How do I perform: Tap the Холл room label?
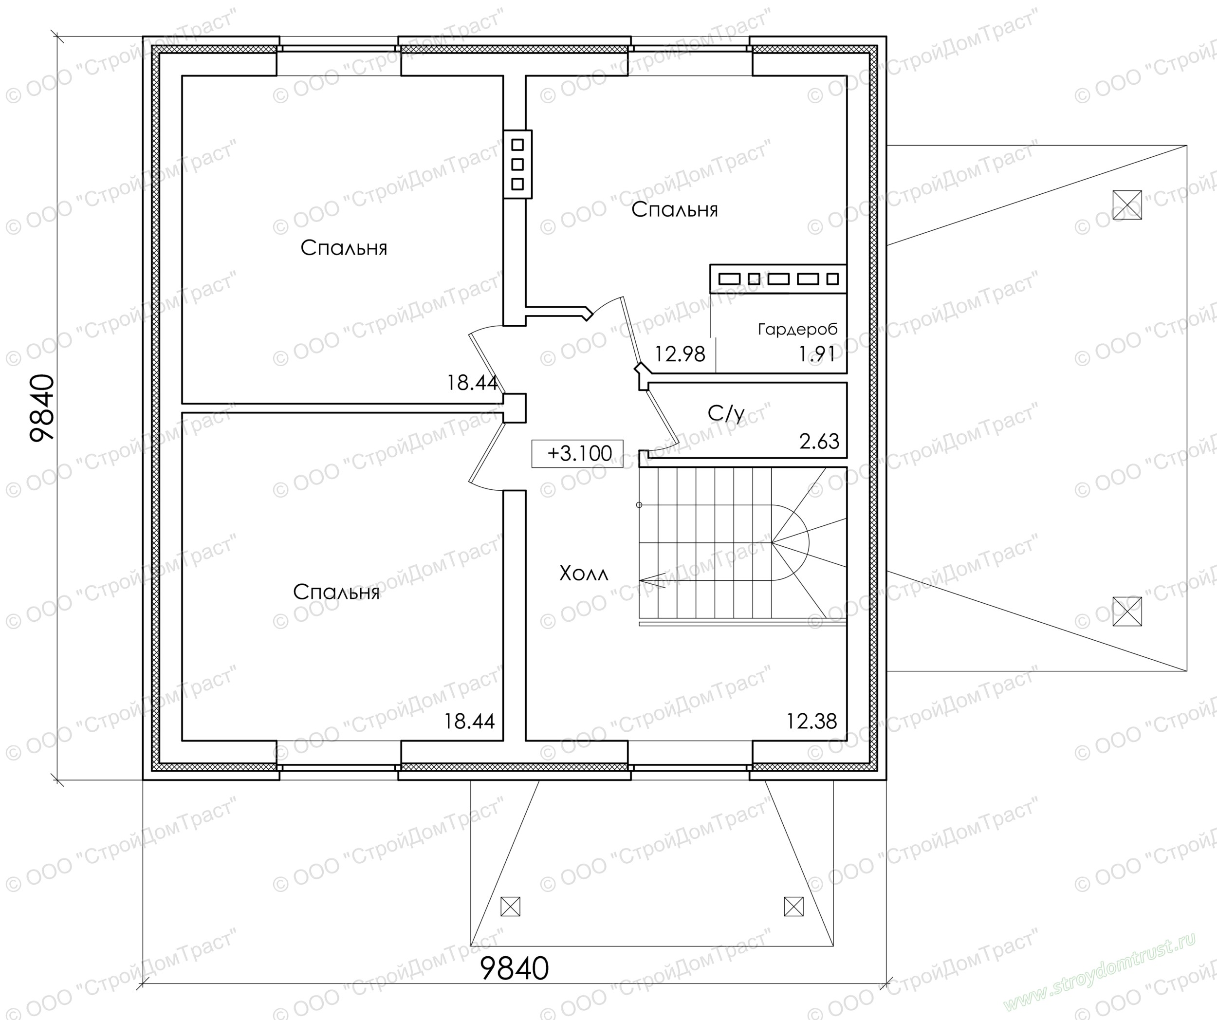[x=584, y=574]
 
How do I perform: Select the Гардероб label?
[x=797, y=330]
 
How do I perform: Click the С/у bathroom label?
[x=726, y=413]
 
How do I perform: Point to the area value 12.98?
[x=680, y=353]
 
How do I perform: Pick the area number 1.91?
[x=816, y=353]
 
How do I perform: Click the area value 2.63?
[x=819, y=441]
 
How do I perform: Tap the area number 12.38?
[x=811, y=721]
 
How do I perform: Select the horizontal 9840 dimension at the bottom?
[x=515, y=968]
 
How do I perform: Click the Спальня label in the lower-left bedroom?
[x=336, y=592]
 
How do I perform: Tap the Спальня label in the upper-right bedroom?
[x=675, y=209]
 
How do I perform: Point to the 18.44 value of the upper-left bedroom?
[x=472, y=383]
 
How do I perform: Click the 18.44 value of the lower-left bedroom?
[x=469, y=721]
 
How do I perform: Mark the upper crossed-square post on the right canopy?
[x=1127, y=204]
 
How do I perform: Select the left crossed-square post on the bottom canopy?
[x=510, y=906]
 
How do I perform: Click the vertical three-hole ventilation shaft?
[x=517, y=165]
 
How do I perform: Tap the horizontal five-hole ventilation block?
[x=778, y=279]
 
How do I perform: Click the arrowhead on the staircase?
[x=651, y=578]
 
